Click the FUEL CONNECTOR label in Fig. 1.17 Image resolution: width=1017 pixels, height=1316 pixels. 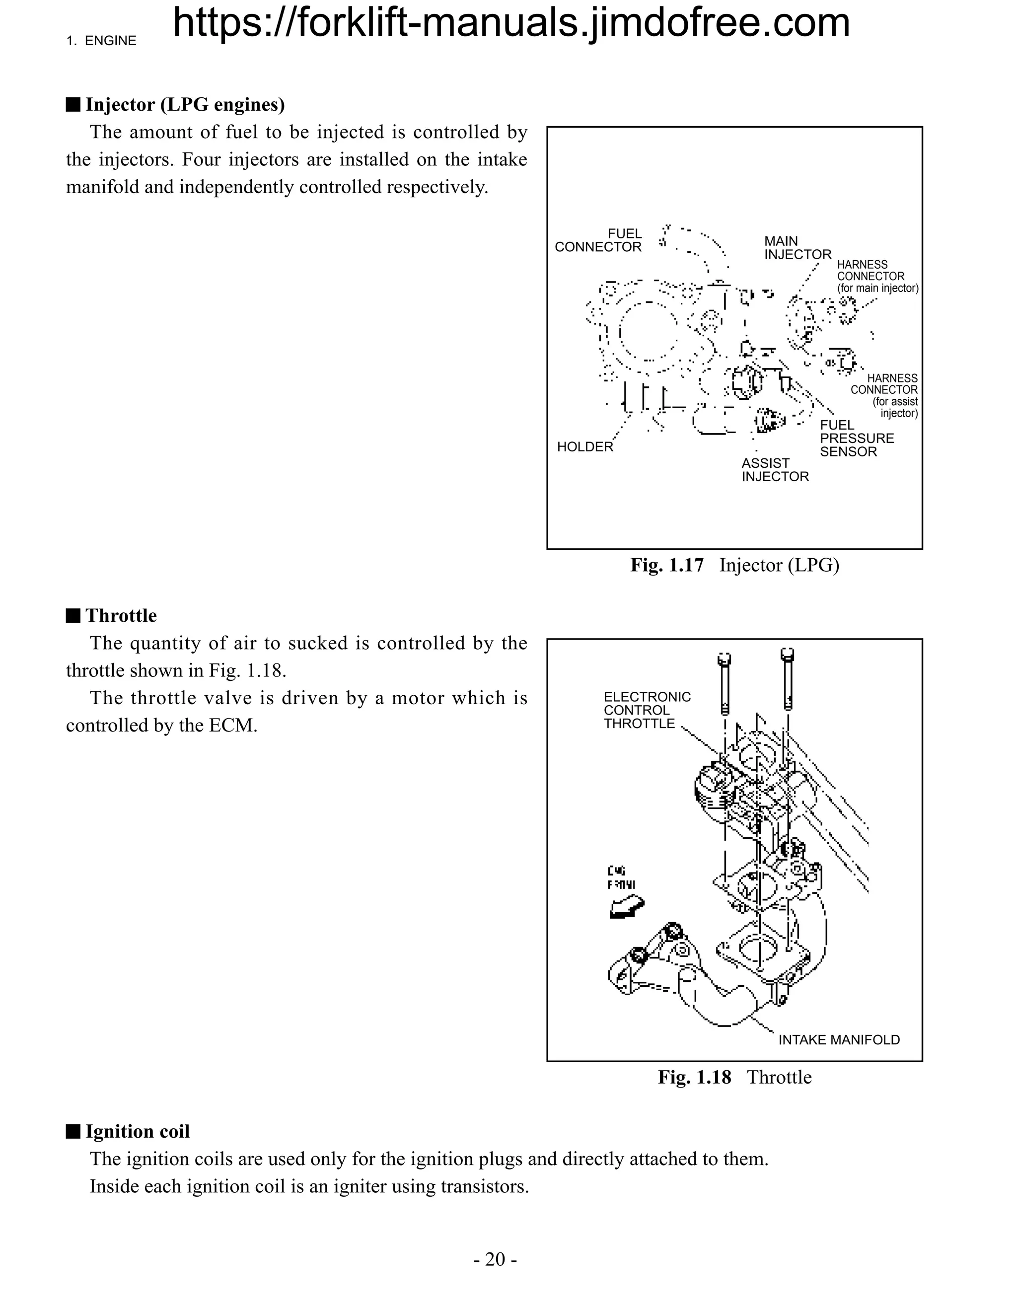click(x=598, y=240)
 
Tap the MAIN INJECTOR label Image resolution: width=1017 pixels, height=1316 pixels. click(x=797, y=248)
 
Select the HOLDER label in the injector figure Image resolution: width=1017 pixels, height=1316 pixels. click(x=584, y=446)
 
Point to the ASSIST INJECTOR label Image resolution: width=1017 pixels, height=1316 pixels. click(x=775, y=469)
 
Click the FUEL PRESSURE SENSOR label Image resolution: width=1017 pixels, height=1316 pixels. click(x=856, y=438)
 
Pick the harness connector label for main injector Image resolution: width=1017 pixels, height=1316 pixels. click(x=877, y=276)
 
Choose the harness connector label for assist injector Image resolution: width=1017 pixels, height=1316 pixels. click(x=884, y=395)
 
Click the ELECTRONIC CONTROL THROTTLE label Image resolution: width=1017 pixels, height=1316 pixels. click(x=647, y=710)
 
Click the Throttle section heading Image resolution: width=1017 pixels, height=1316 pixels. click(x=121, y=615)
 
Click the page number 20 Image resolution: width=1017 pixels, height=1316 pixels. click(x=495, y=1259)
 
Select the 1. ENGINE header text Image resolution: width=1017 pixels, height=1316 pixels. click(x=101, y=41)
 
